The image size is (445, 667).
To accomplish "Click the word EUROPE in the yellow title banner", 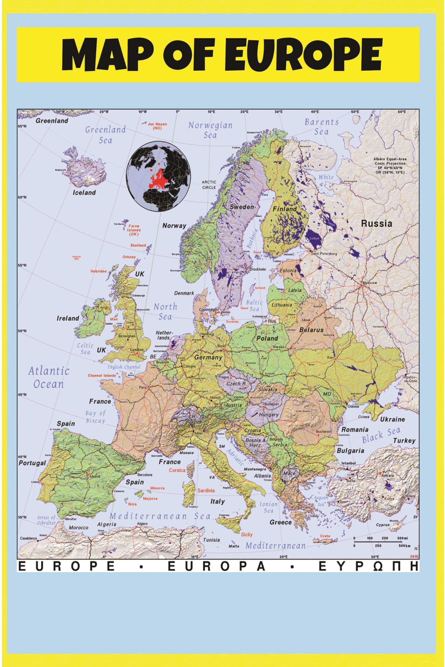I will [303, 55].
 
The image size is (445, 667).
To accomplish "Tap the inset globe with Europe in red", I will [158, 176].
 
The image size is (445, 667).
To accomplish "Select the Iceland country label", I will [84, 193].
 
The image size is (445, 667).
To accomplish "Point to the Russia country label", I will [376, 224].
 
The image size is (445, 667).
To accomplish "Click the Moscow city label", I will [370, 283].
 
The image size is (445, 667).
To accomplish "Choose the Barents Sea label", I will [321, 127].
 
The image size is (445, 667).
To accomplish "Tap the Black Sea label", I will [381, 435].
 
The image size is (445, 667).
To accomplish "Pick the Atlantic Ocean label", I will [48, 378].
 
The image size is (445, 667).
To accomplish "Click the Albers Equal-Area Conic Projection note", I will [390, 166].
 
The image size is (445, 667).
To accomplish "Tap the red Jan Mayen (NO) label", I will [157, 126].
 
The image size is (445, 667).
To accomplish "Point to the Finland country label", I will [284, 209].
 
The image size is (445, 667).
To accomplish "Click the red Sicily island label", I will [247, 535].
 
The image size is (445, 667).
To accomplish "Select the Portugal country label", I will [32, 463].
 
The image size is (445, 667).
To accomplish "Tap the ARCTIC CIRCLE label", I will [209, 185].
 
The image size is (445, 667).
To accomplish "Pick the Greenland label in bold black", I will [52, 121].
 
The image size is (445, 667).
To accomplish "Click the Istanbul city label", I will [349, 463].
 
